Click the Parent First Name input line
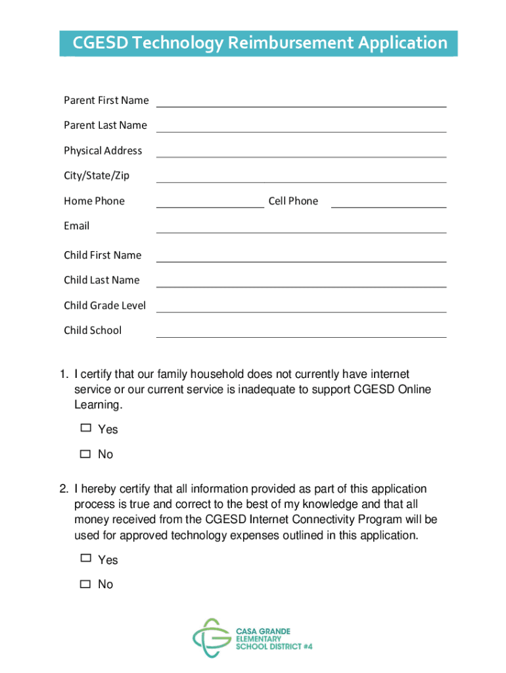pyautogui.click(x=301, y=101)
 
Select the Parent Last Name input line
pyautogui.click(x=301, y=126)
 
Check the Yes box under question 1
pyautogui.click(x=85, y=428)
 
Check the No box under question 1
pyautogui.click(x=85, y=453)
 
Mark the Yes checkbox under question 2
pyautogui.click(x=85, y=558)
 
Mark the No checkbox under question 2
pyautogui.click(x=85, y=584)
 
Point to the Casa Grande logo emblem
pyautogui.click(x=212, y=638)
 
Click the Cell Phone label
pyautogui.click(x=293, y=201)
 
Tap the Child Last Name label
pyautogui.click(x=102, y=280)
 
